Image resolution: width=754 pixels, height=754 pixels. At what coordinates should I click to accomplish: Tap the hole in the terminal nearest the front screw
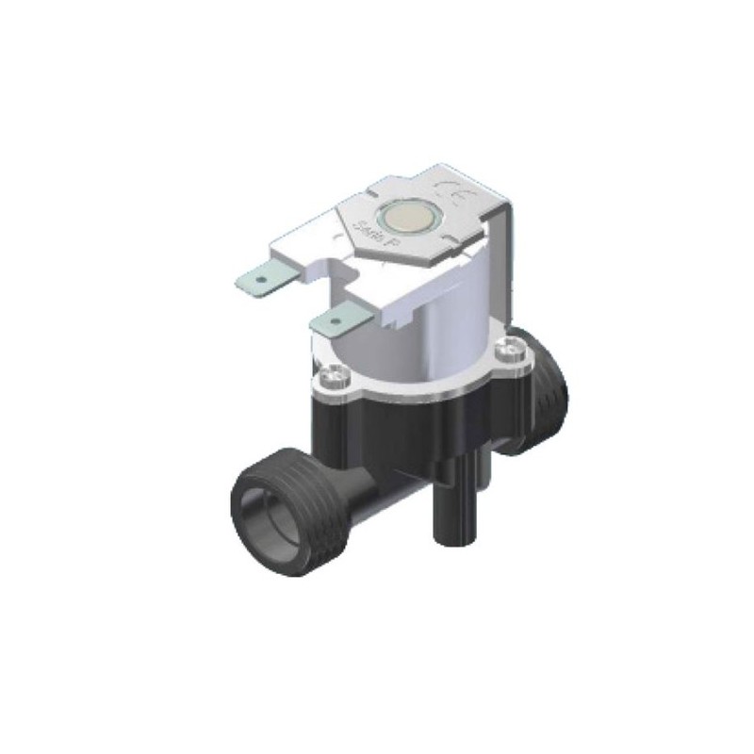point(334,322)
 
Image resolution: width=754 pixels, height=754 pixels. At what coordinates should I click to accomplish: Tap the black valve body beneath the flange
point(415,424)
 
